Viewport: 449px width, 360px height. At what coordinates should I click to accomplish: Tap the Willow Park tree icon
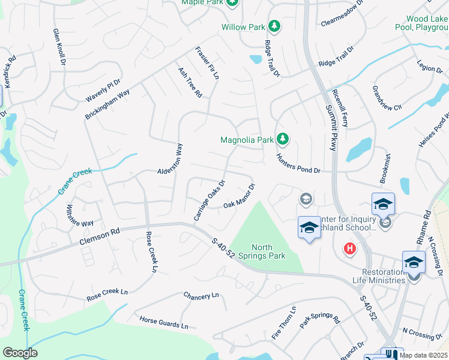(274, 26)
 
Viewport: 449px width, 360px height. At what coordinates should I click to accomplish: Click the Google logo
(20, 353)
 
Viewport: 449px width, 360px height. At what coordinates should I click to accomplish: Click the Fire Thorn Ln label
(285, 323)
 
